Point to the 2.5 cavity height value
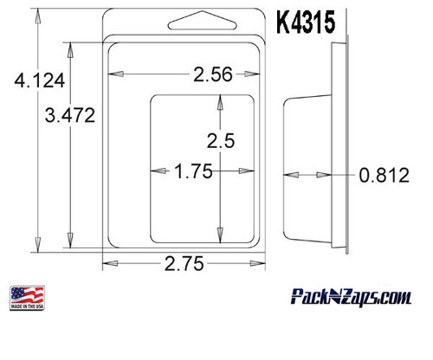click(x=220, y=138)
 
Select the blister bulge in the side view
click(x=307, y=170)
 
